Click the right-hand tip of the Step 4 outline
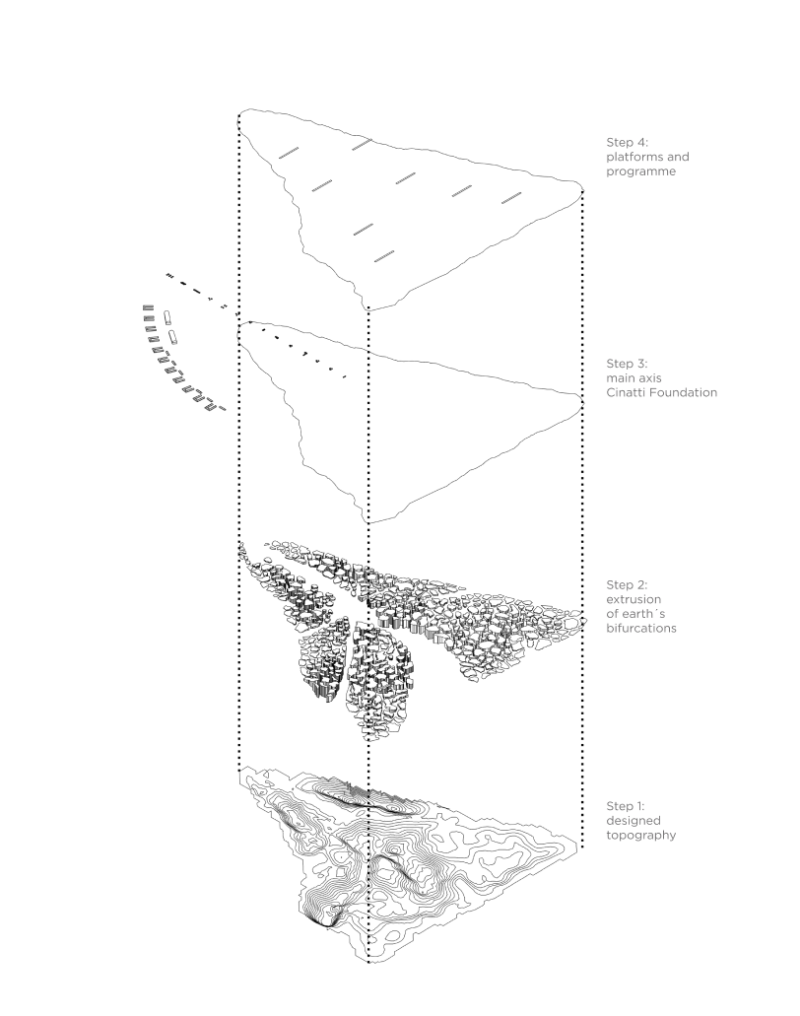[x=582, y=192]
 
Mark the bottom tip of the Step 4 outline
[x=368, y=306]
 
